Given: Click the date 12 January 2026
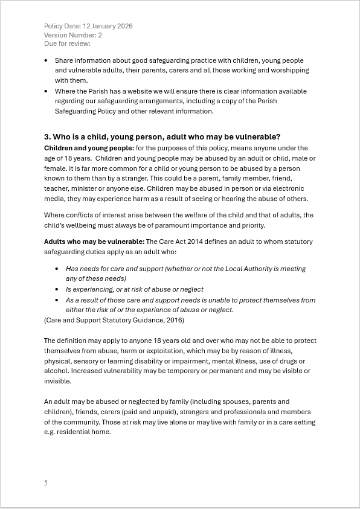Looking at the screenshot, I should click(108, 26).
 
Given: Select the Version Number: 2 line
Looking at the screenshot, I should click(73, 35).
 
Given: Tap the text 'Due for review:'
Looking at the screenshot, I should click(67, 43).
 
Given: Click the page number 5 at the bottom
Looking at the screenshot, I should click(45, 482).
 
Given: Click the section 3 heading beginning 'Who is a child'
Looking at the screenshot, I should click(162, 136).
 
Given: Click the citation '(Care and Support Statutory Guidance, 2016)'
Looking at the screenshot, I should click(114, 319).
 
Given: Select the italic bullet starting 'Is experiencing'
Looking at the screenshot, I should click(134, 289).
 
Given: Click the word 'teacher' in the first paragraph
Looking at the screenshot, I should click(56, 189).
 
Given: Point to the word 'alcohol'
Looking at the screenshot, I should click(55, 371).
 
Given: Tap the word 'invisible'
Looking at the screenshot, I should click(57, 381).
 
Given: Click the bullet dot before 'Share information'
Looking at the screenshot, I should click(47, 61).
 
